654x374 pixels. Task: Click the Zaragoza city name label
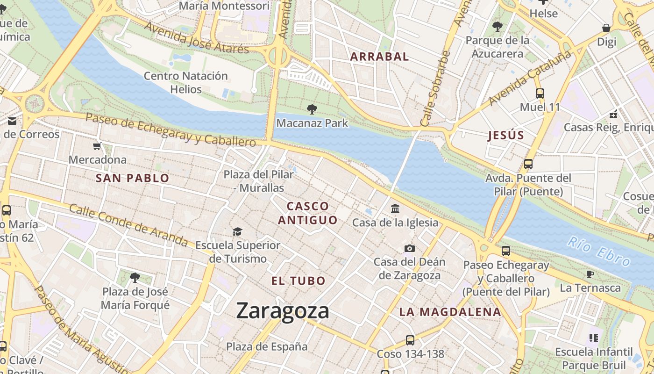point(282,311)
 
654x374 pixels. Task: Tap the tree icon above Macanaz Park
point(312,109)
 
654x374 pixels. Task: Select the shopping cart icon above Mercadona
point(97,146)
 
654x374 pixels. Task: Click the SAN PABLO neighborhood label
point(132,178)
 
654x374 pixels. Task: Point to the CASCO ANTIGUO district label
point(308,213)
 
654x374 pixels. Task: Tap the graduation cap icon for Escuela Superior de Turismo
point(237,232)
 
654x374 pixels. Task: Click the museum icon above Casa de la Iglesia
point(395,209)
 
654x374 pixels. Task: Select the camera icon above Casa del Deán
point(410,248)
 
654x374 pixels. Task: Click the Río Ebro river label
point(598,251)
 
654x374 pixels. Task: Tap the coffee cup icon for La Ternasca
point(590,274)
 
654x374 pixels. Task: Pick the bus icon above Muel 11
point(540,93)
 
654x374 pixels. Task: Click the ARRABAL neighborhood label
point(379,57)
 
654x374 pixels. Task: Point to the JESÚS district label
point(506,136)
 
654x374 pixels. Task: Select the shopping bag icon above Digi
point(606,28)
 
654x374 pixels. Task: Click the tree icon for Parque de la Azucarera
point(498,27)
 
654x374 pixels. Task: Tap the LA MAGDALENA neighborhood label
point(450,312)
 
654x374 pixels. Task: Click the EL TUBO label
point(299,281)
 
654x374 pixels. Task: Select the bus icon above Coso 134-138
point(410,340)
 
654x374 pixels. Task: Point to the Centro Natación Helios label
point(185,82)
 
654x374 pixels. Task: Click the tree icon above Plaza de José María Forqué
point(135,278)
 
